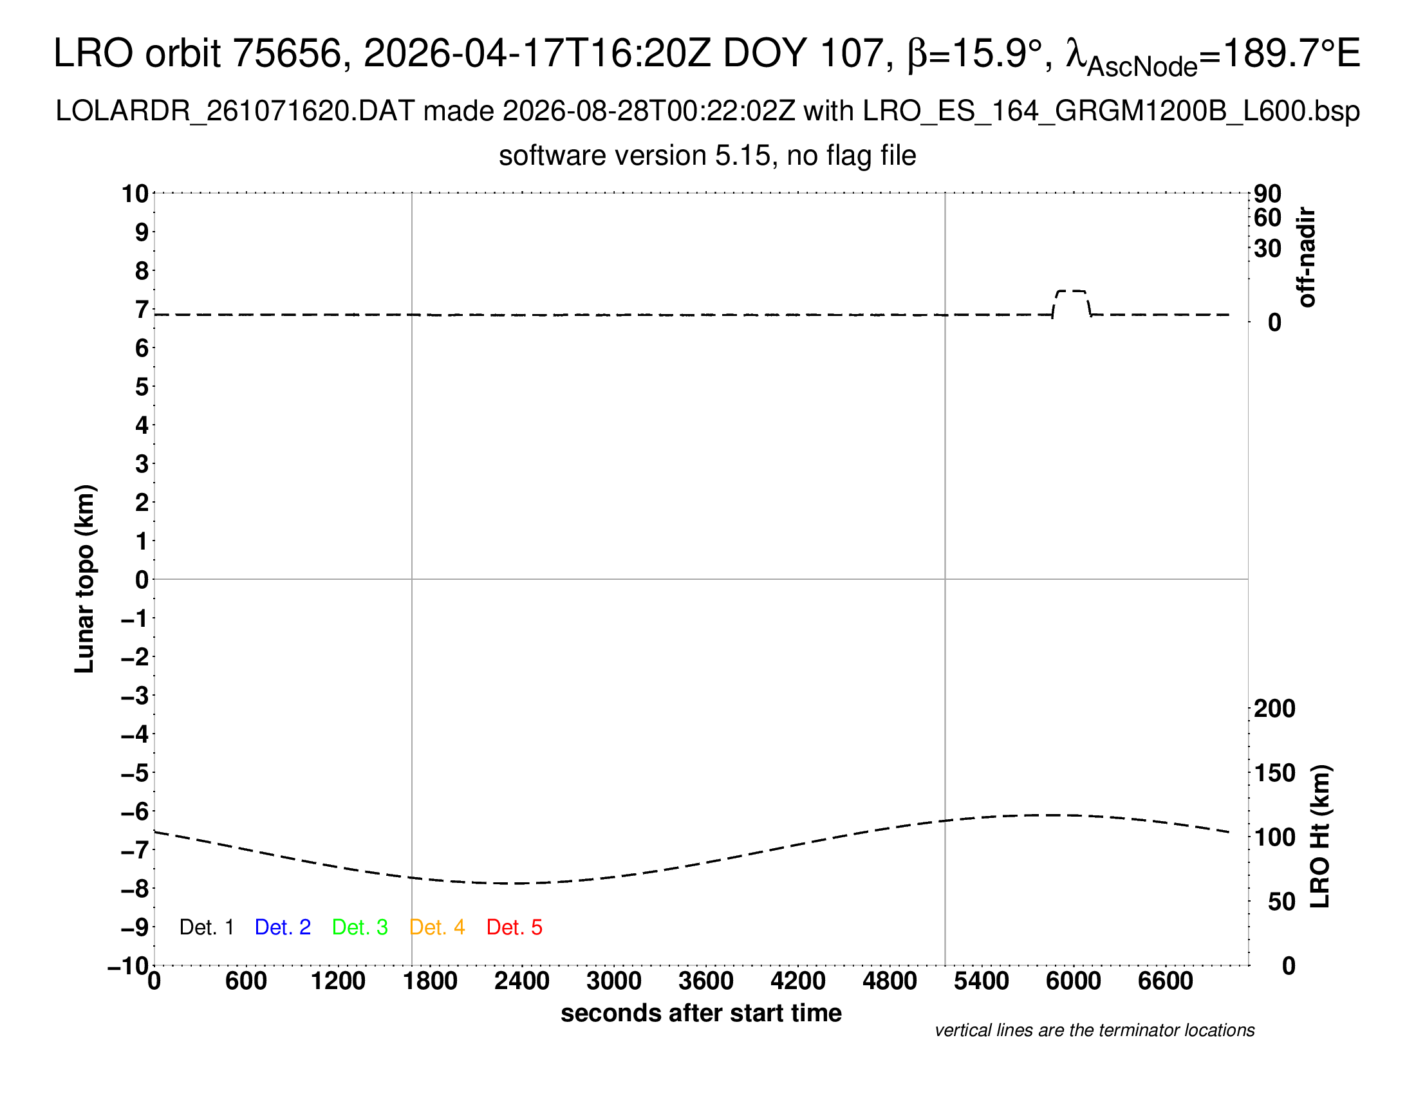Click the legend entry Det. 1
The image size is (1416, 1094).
206,927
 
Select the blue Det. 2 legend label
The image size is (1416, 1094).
283,927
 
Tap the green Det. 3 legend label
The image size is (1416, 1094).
360,927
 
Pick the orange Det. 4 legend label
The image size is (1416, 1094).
437,927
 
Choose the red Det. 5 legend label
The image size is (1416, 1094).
514,927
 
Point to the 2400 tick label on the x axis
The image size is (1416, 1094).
522,981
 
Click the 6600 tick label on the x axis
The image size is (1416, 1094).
1166,981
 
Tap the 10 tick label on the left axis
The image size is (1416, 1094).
136,193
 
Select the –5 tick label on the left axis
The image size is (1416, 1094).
135,772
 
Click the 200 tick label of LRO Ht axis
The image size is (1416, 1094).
1274,709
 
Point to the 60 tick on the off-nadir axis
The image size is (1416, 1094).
1267,218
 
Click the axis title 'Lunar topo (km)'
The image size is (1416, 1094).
84,579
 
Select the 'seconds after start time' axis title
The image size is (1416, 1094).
701,1013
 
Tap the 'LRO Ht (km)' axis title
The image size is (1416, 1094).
1320,837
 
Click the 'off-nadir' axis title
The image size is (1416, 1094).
1307,257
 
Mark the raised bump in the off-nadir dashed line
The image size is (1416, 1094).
1071,292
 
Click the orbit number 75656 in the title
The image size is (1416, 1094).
286,53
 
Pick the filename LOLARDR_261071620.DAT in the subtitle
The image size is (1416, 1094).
235,111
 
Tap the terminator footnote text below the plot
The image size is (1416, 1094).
1094,1030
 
